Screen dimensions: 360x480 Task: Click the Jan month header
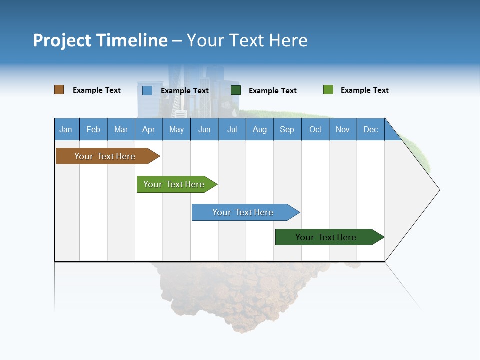tap(66, 129)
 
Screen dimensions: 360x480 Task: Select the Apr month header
tap(148, 129)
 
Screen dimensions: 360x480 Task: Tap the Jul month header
tap(232, 129)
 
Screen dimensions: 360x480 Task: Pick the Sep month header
tap(287, 129)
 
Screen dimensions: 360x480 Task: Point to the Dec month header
tap(370, 129)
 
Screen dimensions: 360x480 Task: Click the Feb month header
tap(93, 129)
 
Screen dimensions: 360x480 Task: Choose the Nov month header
tap(342, 129)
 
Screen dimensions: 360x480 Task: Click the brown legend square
tap(59, 90)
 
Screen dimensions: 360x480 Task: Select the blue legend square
tap(147, 90)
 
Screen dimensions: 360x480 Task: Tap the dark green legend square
tap(236, 90)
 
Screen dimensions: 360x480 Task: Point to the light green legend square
tap(328, 90)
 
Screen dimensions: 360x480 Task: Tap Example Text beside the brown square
tap(96, 90)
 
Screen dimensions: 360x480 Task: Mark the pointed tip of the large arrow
tap(439, 189)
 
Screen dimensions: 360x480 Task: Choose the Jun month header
tap(204, 129)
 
